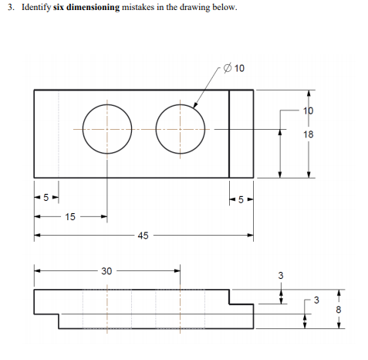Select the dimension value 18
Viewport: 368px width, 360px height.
click(309, 134)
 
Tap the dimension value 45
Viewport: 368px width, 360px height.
click(143, 235)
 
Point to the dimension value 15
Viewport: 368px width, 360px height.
click(69, 217)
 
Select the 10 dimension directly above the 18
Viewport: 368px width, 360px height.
click(309, 110)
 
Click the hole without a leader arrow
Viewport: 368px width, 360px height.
click(106, 127)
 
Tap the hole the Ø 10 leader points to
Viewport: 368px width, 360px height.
click(181, 127)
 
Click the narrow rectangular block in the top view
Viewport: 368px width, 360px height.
click(241, 134)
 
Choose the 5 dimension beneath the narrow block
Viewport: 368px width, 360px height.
click(241, 199)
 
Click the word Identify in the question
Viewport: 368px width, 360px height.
click(35, 7)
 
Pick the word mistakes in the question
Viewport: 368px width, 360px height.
click(140, 7)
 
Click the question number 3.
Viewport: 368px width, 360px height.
click(12, 7)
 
